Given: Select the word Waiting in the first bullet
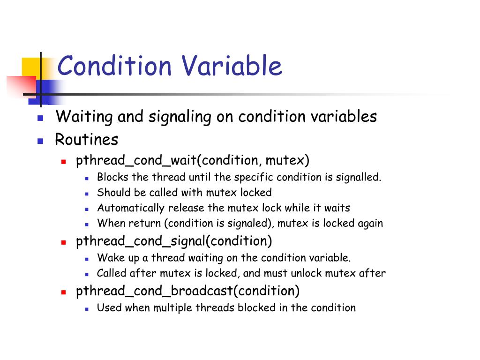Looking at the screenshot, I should coord(84,117).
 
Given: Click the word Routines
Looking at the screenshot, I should coord(87,140).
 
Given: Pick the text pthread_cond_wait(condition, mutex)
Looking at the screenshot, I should coord(193,161).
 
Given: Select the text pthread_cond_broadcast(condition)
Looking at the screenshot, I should coord(187,291).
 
